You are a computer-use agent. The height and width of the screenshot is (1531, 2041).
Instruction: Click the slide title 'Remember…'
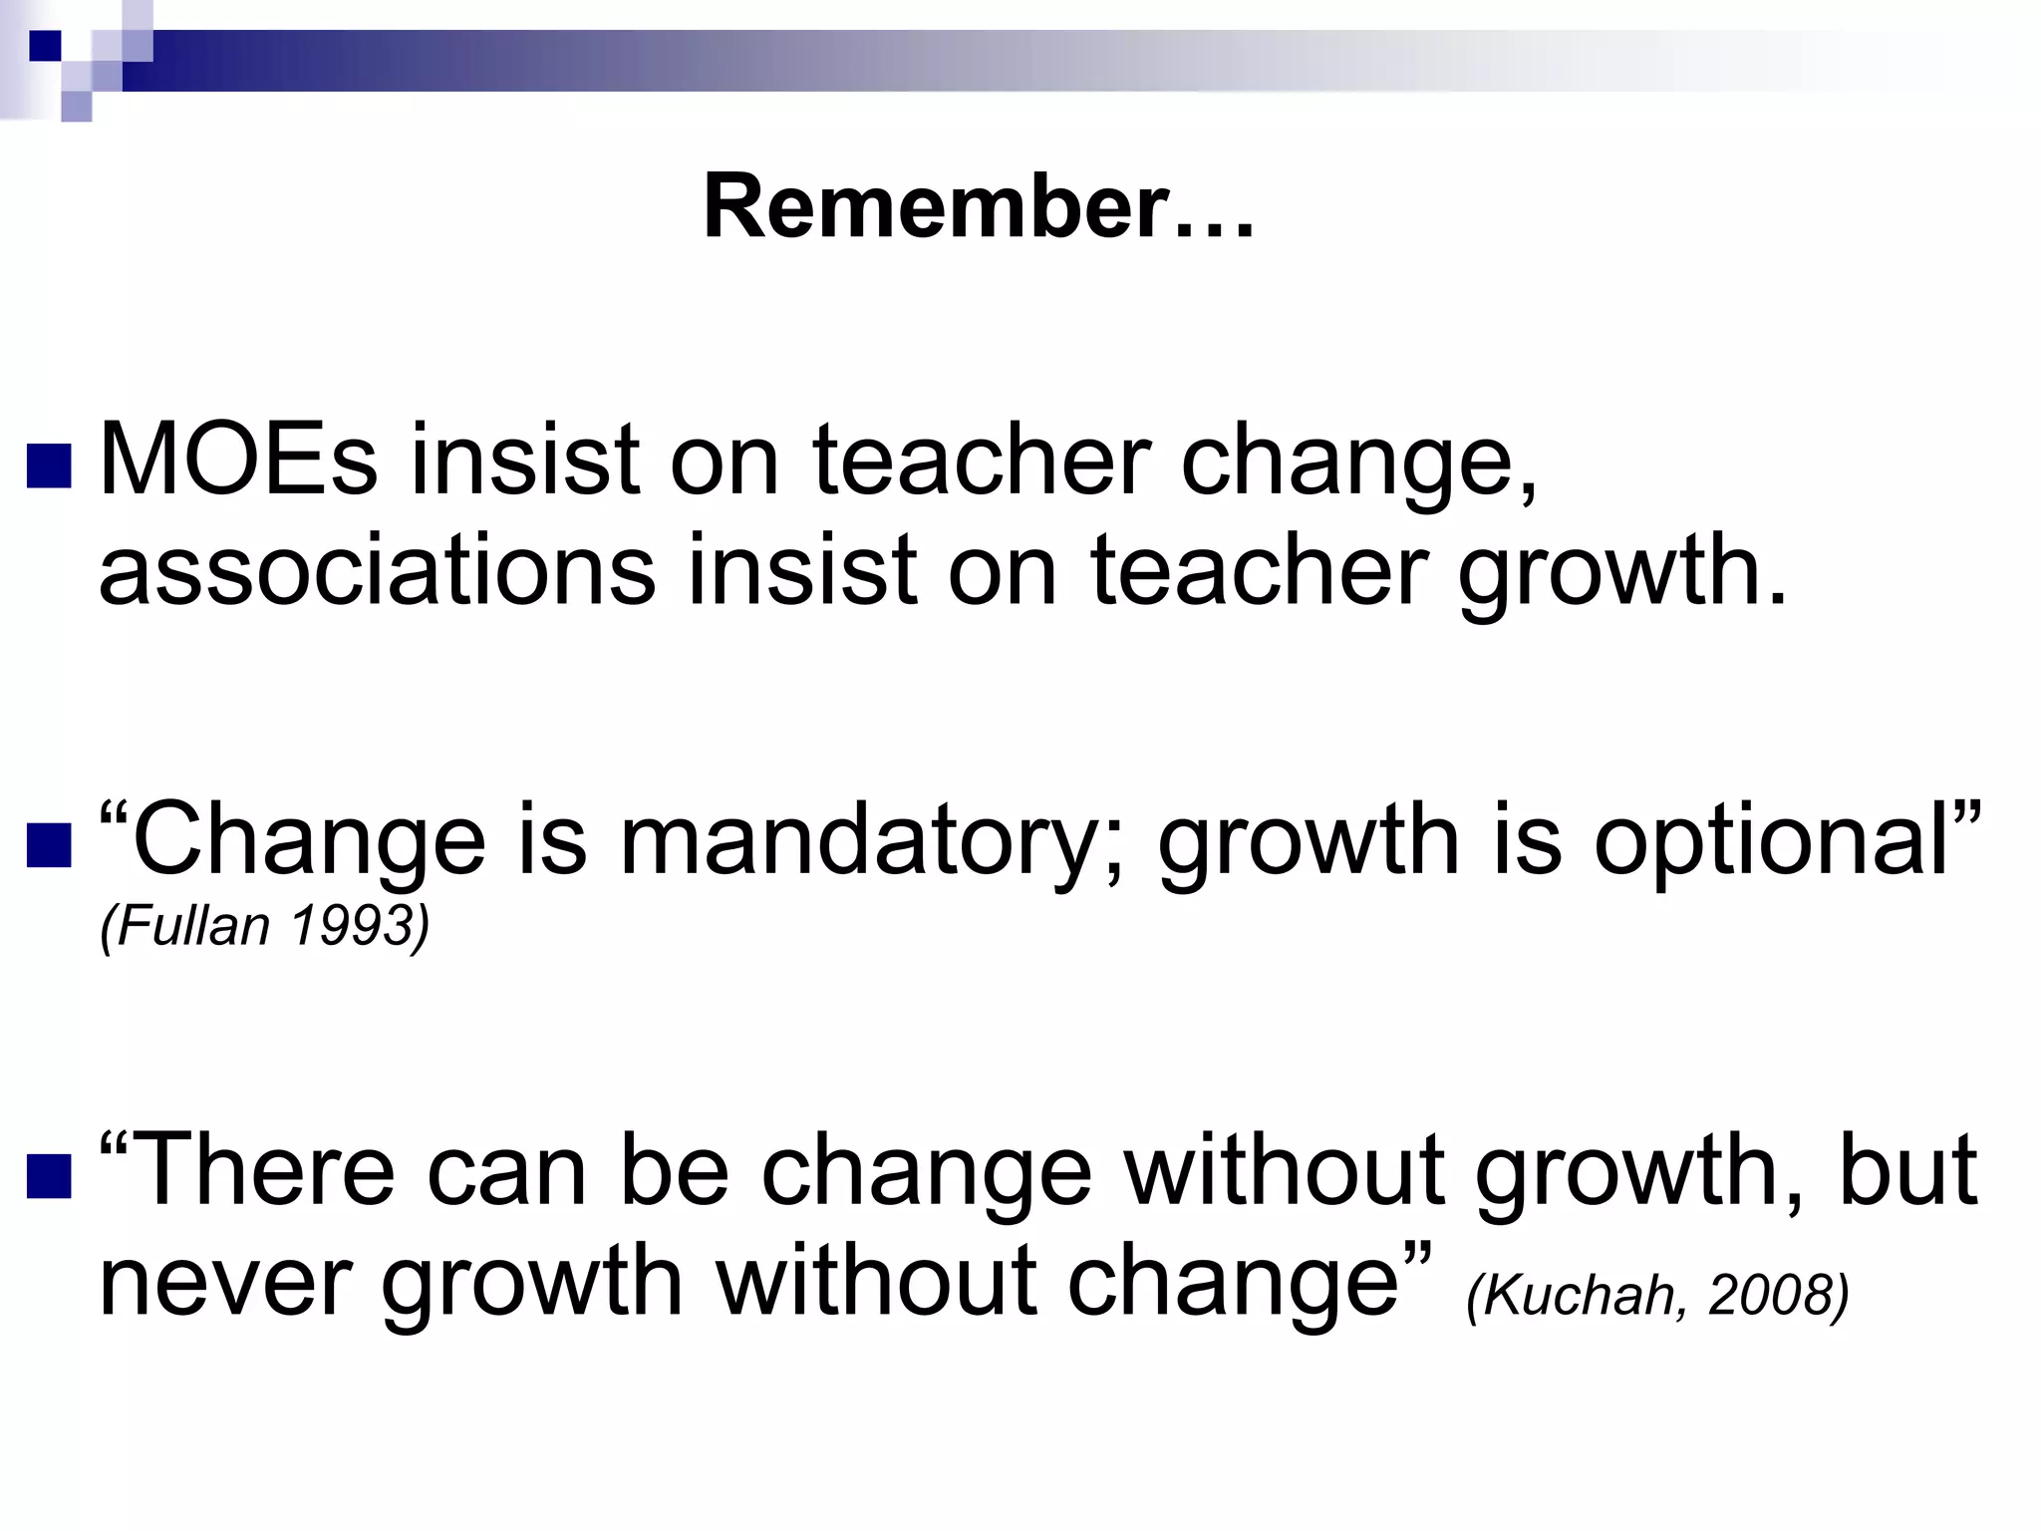(978, 207)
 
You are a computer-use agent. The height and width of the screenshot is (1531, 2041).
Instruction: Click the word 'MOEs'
(238, 459)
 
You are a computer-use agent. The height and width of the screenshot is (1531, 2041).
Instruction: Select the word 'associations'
(377, 570)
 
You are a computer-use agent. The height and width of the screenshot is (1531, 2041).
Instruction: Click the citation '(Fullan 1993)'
(264, 926)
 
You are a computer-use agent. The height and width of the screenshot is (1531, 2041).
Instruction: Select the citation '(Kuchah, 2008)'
(1657, 1295)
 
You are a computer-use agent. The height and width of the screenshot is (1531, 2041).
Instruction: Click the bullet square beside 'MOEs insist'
(49, 465)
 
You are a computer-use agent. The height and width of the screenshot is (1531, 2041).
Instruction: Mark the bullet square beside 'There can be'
(49, 1174)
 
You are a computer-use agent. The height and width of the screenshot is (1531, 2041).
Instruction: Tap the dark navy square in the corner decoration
(45, 45)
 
